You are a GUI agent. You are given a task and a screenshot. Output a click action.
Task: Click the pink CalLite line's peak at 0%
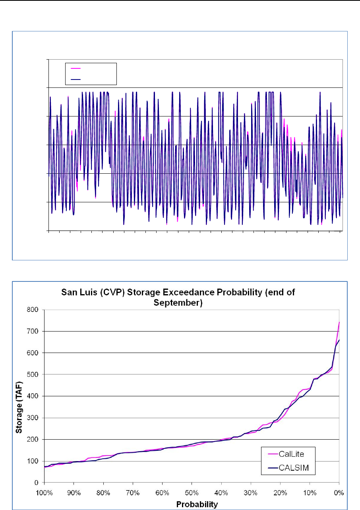pyautogui.click(x=339, y=322)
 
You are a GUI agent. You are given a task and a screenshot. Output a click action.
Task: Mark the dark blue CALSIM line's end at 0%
pyautogui.click(x=339, y=340)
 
